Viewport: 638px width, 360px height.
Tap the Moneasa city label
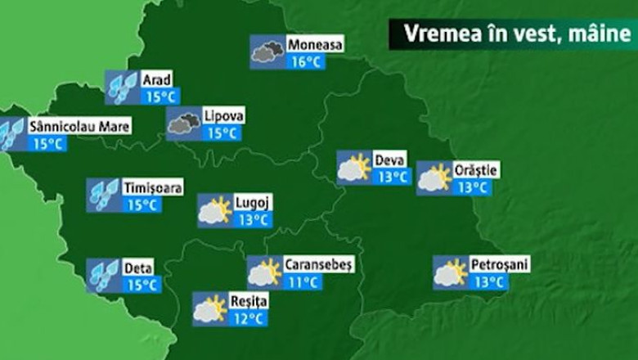pyautogui.click(x=314, y=44)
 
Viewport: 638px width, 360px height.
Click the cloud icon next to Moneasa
pyautogui.click(x=267, y=52)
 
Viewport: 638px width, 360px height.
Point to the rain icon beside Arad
pyautogui.click(x=122, y=88)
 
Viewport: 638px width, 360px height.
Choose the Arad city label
pyautogui.click(x=156, y=80)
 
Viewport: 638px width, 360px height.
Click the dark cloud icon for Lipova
pyautogui.click(x=183, y=124)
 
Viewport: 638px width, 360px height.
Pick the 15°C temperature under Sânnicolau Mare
pyautogui.click(x=47, y=144)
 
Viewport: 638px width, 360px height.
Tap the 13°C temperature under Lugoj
pyautogui.click(x=253, y=219)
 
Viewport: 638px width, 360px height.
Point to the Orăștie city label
pyautogui.click(x=475, y=170)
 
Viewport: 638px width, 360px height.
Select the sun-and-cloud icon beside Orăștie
pyautogui.click(x=434, y=178)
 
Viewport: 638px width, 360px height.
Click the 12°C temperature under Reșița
pyautogui.click(x=246, y=318)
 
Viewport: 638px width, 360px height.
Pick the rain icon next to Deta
pyautogui.click(x=104, y=276)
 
